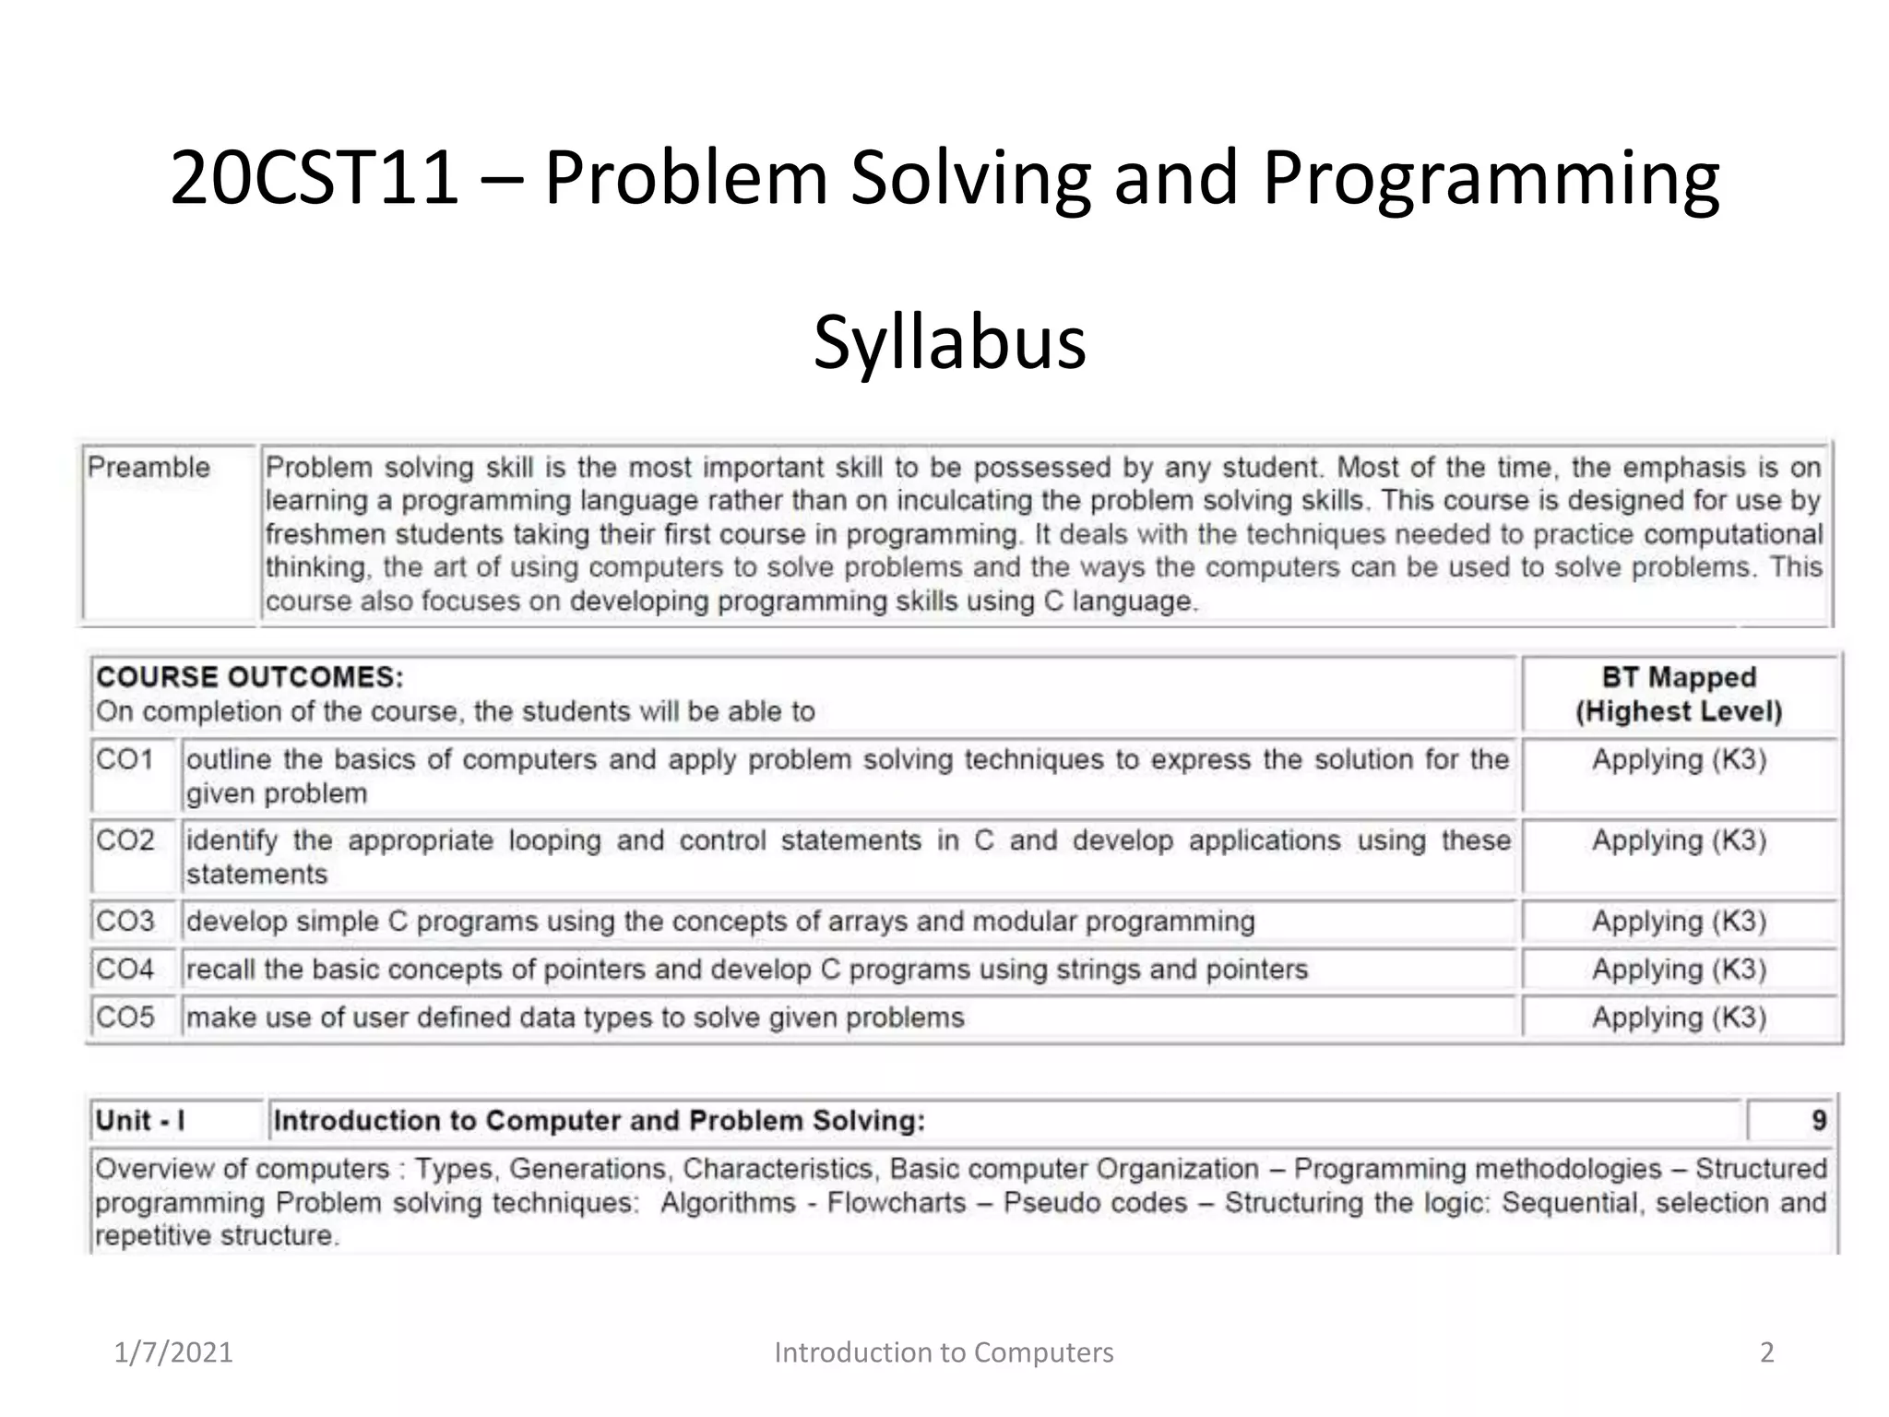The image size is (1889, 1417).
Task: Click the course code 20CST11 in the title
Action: pos(315,177)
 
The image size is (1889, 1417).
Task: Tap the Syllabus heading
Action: pos(949,342)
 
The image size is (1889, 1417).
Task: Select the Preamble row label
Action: pos(149,468)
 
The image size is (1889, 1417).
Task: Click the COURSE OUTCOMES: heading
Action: pos(250,677)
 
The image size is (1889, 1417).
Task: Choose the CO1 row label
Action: pos(125,759)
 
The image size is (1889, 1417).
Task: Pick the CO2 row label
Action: pos(125,840)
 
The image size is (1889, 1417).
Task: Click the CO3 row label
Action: pos(125,921)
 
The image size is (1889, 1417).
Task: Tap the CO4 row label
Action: pos(125,969)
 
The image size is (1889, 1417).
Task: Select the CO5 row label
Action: pos(125,1017)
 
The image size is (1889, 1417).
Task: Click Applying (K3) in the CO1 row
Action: pos(1679,759)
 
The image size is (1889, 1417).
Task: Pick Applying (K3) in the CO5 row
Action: pos(1679,1017)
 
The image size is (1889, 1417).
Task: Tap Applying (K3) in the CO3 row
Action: pos(1679,921)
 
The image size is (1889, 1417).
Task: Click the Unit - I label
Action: pos(140,1121)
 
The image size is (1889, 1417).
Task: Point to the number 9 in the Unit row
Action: pos(1818,1121)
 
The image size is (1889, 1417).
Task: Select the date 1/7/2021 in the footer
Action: pos(173,1352)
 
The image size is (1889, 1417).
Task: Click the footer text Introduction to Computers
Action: pos(944,1352)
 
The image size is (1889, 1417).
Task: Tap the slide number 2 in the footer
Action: pos(1766,1352)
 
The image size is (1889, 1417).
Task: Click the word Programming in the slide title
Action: pos(1491,179)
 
